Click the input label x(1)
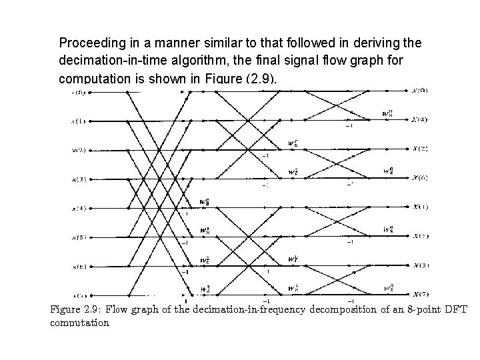78,121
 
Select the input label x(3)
78,179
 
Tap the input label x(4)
78,209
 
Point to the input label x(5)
78,237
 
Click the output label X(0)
420,90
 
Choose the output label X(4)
420,119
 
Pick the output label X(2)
420,148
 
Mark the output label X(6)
420,177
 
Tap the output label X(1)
420,207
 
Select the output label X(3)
420,265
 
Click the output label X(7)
420,294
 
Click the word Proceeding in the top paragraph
89,43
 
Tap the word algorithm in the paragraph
187,60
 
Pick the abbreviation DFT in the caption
457,309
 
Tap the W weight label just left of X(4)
387,113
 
